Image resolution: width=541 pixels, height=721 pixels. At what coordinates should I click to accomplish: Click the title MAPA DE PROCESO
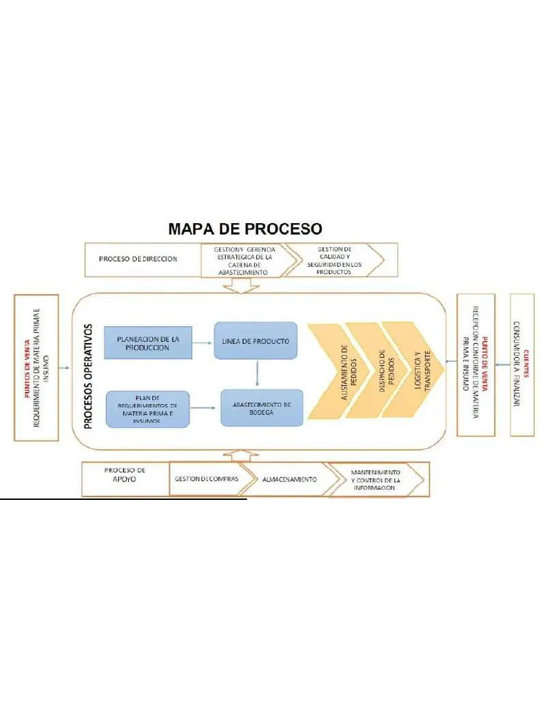[244, 229]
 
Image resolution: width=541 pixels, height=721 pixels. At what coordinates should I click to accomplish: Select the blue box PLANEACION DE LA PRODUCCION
[147, 343]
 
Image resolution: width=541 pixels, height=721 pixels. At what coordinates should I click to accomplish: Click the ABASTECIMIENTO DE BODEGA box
[262, 408]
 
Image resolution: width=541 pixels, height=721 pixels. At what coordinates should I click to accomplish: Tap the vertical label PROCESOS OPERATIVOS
[88, 376]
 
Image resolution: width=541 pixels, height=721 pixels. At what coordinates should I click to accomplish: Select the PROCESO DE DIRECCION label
[138, 258]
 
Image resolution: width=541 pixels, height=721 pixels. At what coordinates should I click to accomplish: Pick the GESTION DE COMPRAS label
[205, 479]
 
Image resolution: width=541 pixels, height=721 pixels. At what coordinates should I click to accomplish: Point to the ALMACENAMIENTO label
[289, 479]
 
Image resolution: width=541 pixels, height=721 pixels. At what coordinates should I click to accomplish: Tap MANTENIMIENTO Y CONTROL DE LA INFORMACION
[375, 479]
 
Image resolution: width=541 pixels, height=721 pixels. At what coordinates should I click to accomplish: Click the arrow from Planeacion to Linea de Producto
[202, 343]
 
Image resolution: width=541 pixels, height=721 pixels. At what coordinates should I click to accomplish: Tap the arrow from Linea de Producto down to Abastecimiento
[258, 373]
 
